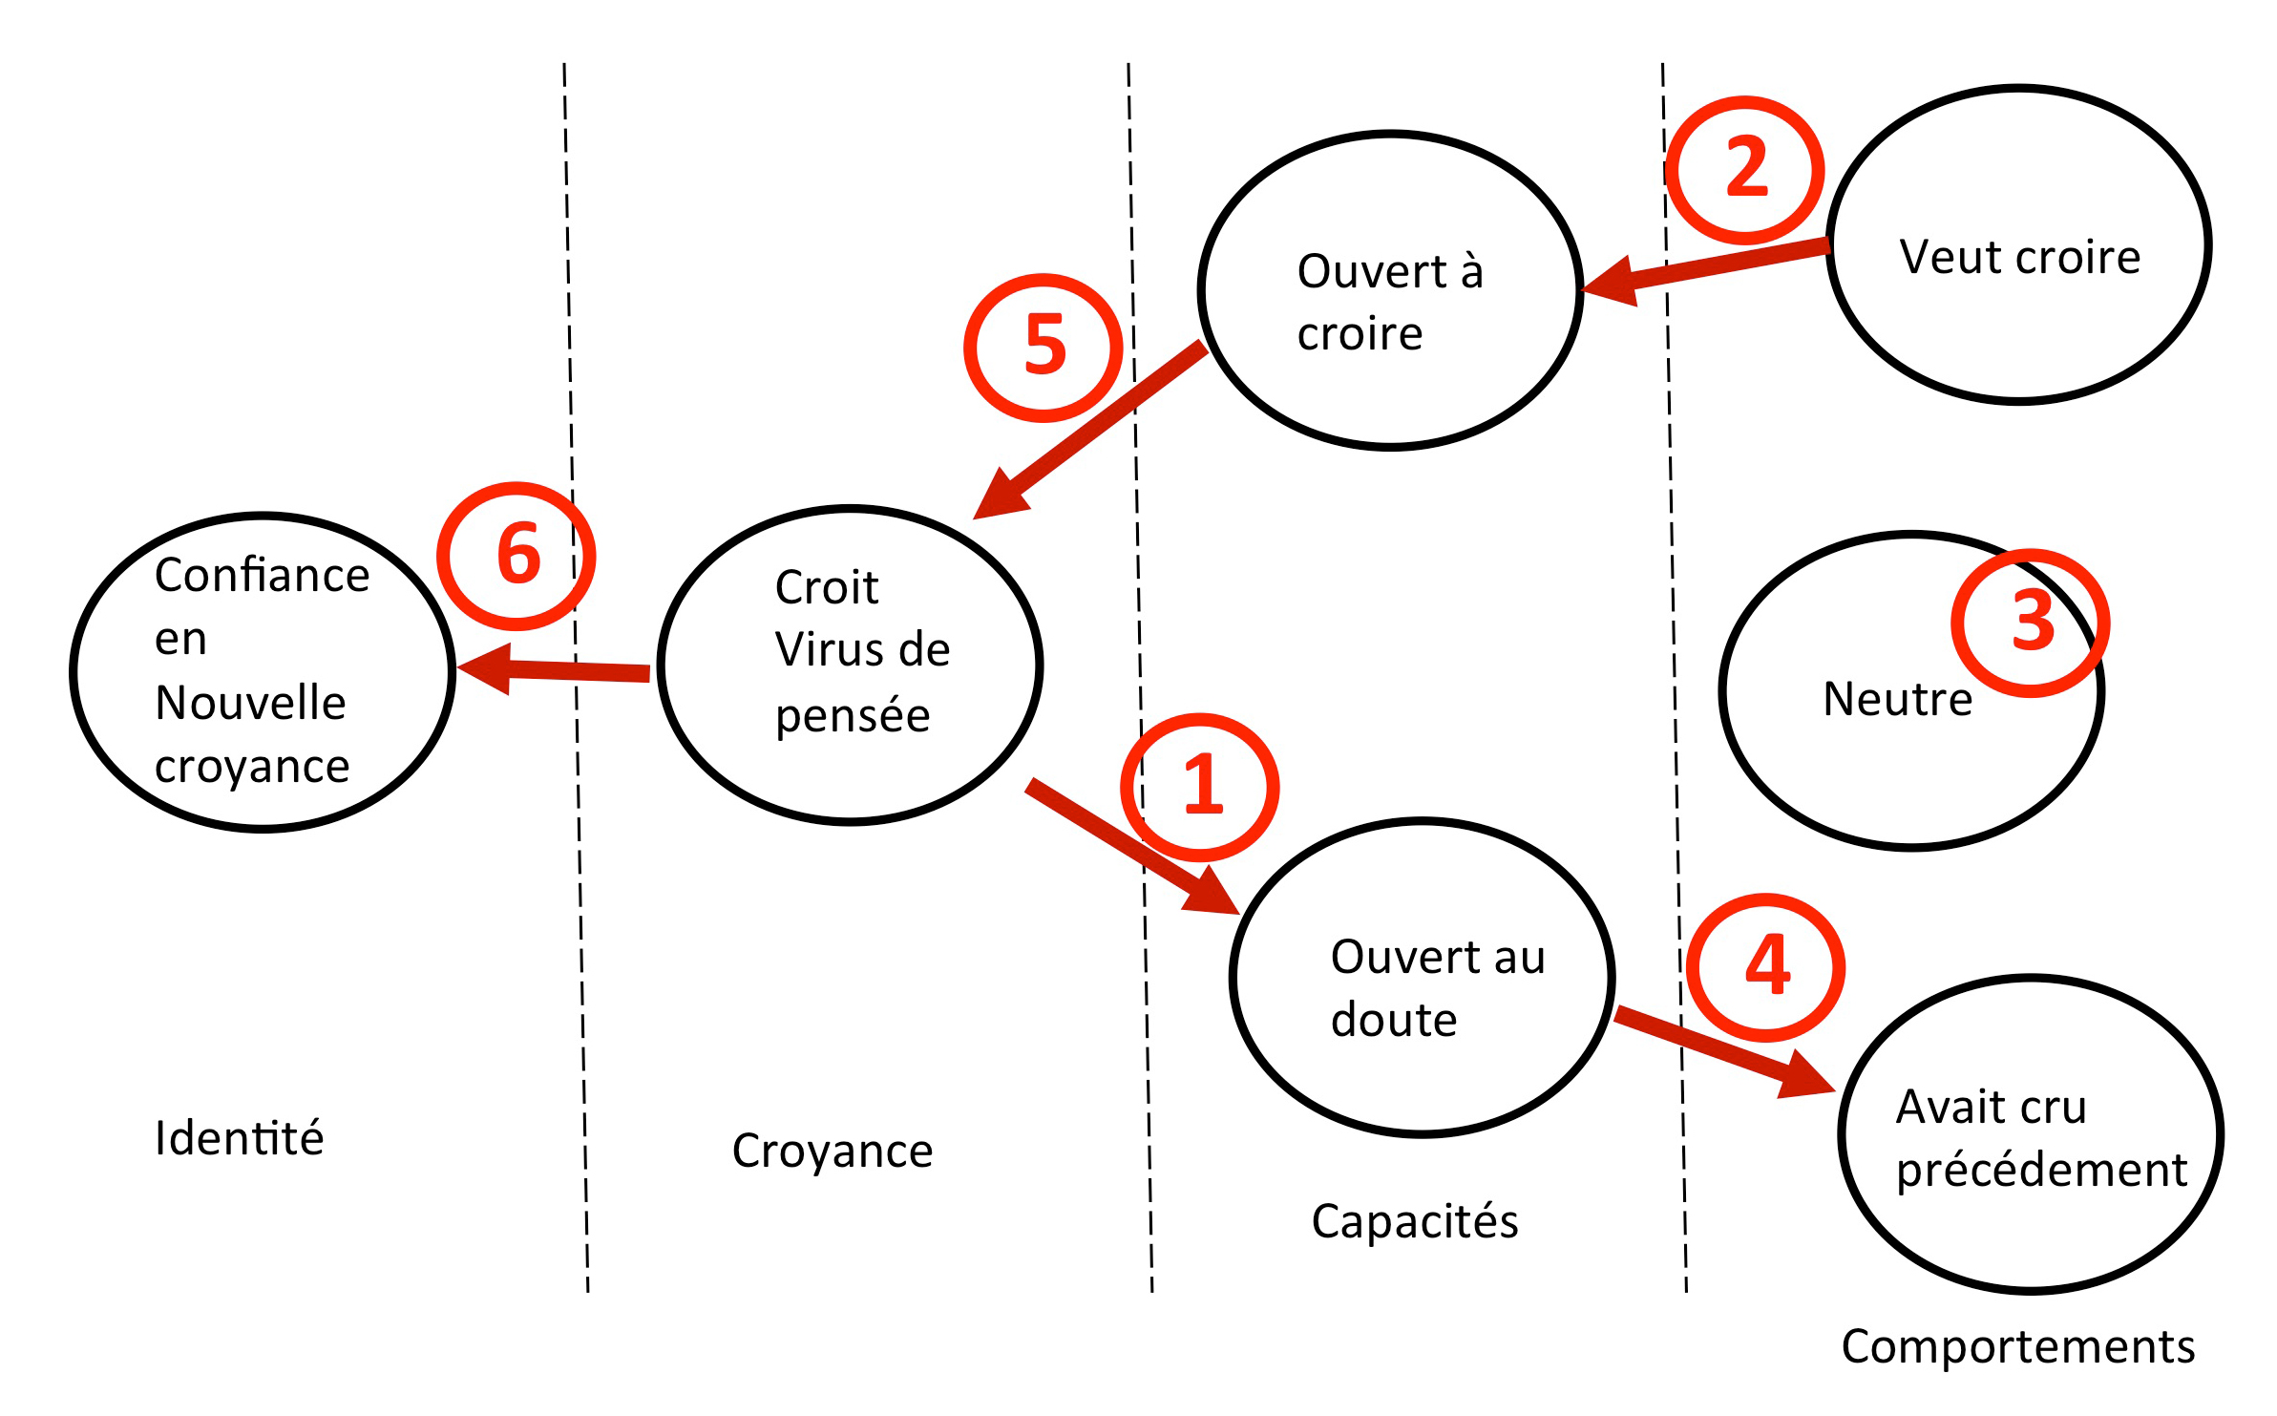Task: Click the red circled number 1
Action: [1200, 786]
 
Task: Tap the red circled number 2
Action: [1745, 169]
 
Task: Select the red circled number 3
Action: [2031, 622]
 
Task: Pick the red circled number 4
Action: [1766, 966]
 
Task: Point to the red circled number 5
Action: [1044, 347]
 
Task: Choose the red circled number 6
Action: [517, 556]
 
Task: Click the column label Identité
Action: [239, 1138]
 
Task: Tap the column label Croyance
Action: [832, 1151]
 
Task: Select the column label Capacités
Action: [1414, 1221]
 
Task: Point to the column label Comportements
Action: [2018, 1347]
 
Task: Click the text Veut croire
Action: [2019, 257]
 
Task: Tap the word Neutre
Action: [1897, 699]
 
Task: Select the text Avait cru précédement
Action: [2040, 1138]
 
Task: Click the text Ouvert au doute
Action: [1437, 988]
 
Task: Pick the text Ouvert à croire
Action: [1389, 302]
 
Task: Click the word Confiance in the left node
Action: [262, 576]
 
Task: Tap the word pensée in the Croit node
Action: [852, 715]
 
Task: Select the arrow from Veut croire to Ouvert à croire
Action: [1709, 268]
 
